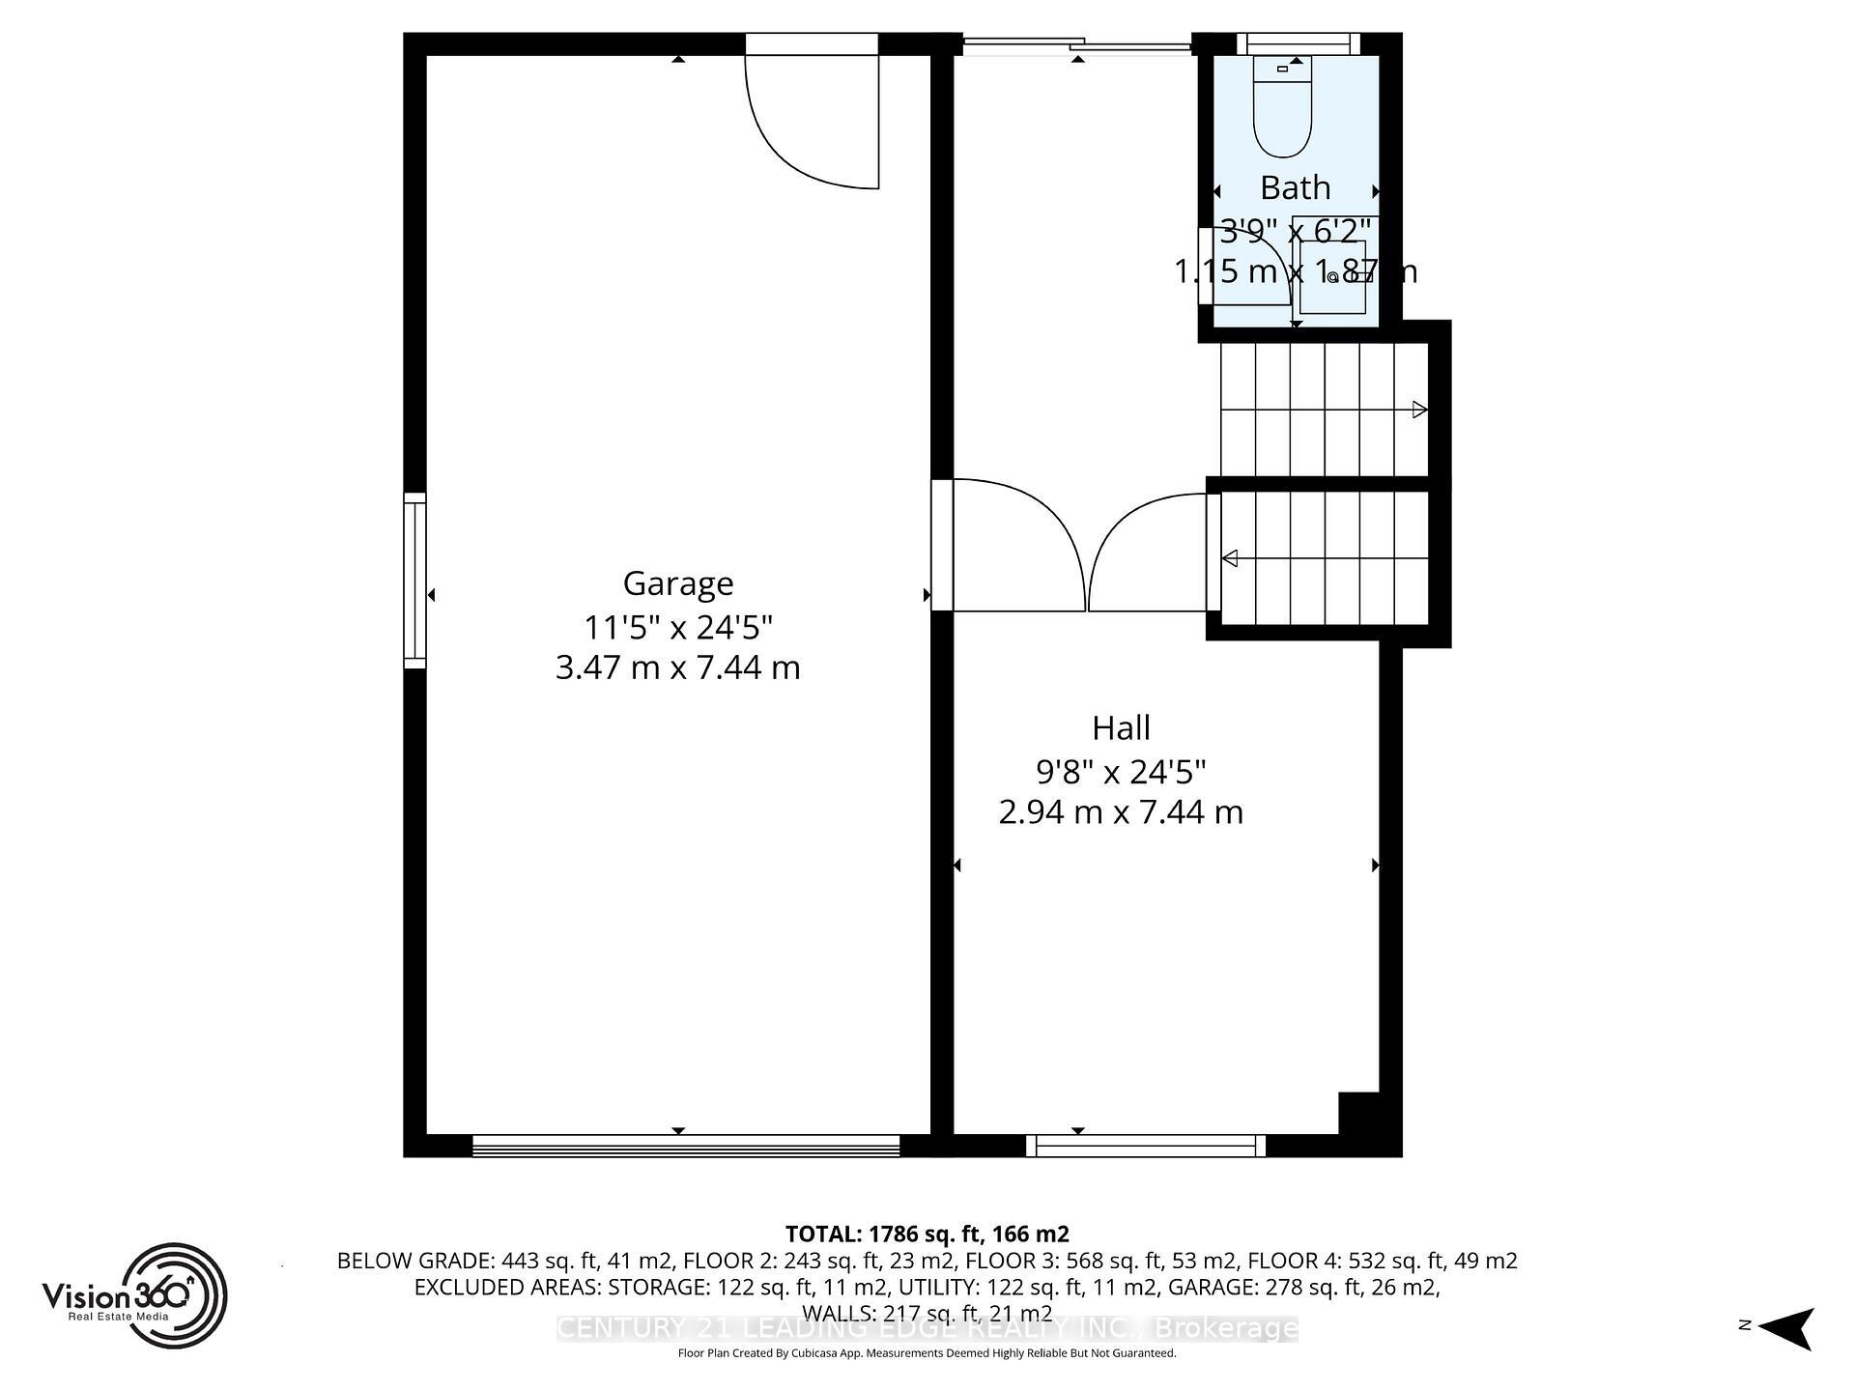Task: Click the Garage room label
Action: [677, 583]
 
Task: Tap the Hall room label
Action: [1121, 727]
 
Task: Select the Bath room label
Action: [1295, 187]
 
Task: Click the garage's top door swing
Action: [812, 121]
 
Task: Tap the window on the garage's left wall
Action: [414, 580]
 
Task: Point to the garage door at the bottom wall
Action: [686, 1146]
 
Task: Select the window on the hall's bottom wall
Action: [1145, 1146]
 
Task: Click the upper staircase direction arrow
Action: [1419, 410]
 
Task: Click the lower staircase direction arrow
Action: [1231, 558]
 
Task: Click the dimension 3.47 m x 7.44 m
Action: [677, 668]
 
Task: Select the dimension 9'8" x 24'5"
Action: [1121, 772]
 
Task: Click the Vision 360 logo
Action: [134, 1295]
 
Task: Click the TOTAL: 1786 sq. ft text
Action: [927, 1234]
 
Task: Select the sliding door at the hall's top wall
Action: [1077, 43]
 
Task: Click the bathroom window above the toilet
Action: [1297, 43]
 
